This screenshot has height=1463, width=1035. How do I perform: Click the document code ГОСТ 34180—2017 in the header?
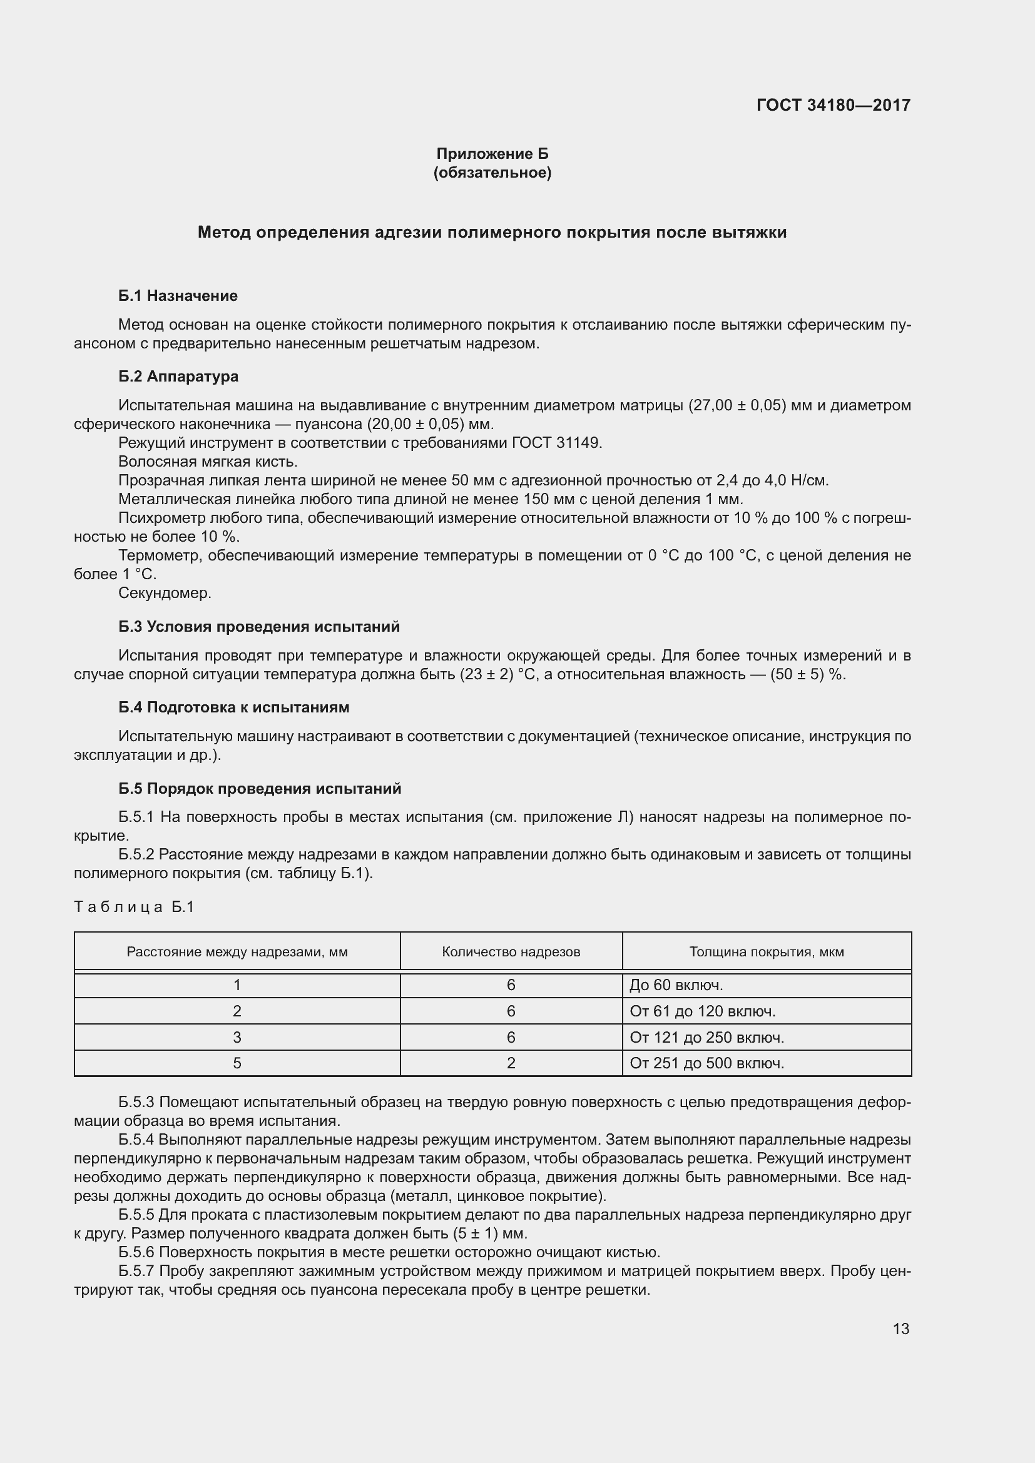point(833,105)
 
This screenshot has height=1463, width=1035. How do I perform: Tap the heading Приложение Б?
point(492,154)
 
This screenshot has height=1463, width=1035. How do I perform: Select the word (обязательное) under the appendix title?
point(492,173)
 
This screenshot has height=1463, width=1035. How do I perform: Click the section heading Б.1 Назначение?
point(178,296)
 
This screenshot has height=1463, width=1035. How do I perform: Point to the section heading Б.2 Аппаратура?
point(178,376)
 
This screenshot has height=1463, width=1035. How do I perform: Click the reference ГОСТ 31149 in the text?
point(556,443)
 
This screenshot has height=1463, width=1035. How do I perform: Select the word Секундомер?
point(165,593)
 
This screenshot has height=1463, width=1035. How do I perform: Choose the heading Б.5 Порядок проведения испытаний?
point(260,788)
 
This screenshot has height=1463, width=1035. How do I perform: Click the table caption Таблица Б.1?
point(134,907)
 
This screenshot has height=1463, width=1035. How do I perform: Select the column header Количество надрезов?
point(511,952)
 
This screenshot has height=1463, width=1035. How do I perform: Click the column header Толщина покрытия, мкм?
point(766,952)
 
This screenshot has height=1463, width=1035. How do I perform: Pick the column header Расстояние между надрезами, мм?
point(237,952)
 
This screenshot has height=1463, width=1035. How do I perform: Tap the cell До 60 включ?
point(676,985)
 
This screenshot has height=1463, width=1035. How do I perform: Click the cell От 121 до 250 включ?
point(706,1037)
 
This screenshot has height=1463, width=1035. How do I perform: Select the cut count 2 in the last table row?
point(511,1063)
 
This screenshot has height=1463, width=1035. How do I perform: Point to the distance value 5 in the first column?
point(237,1063)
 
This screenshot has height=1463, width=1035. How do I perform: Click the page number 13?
point(900,1329)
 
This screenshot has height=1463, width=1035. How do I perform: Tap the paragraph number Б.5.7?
point(136,1271)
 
